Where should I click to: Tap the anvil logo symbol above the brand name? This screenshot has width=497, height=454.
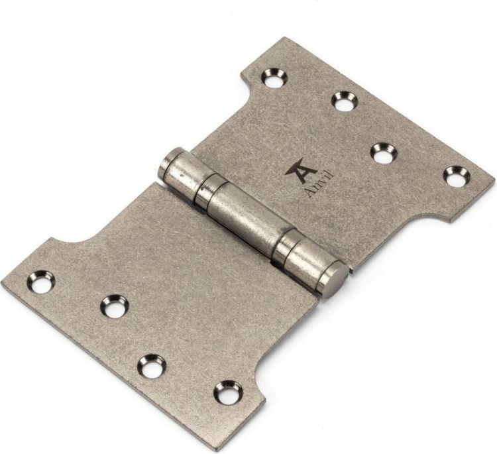coord(300,170)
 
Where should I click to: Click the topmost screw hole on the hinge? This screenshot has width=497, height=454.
coord(274,78)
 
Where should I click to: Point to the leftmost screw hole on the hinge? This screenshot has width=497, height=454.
coord(41,281)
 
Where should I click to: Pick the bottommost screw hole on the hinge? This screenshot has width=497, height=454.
coord(228,392)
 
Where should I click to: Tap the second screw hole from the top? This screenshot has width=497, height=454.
coord(345,101)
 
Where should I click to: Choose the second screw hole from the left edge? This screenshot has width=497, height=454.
coord(115,306)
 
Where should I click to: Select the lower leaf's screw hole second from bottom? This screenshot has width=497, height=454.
coord(152,366)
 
